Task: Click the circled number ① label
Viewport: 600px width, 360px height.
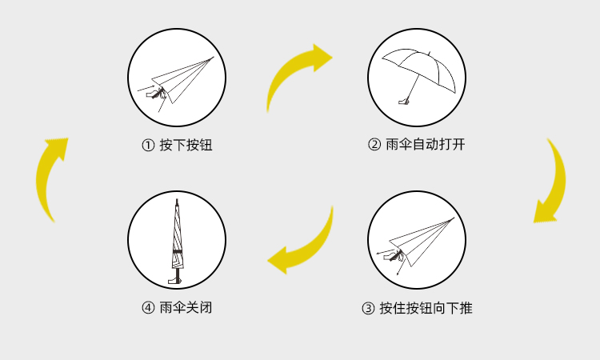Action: (148, 146)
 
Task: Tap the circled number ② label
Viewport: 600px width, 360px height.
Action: (374, 145)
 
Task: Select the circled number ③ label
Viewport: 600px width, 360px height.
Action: (368, 308)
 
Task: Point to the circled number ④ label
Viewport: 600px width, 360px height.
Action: (148, 307)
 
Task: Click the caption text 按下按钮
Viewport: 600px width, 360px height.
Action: (186, 146)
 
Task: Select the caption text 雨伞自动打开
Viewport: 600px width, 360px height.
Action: (426, 145)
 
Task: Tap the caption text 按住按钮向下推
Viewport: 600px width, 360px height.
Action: (426, 308)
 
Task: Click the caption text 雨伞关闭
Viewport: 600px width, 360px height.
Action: (186, 307)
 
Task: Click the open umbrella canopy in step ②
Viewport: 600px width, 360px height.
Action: (419, 69)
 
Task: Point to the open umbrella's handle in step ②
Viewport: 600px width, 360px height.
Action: (403, 102)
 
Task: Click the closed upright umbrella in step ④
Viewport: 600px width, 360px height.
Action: (177, 241)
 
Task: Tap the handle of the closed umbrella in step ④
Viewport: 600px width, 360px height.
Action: (175, 281)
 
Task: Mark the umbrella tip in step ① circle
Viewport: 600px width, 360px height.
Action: (214, 57)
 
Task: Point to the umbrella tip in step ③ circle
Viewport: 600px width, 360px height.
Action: (454, 218)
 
